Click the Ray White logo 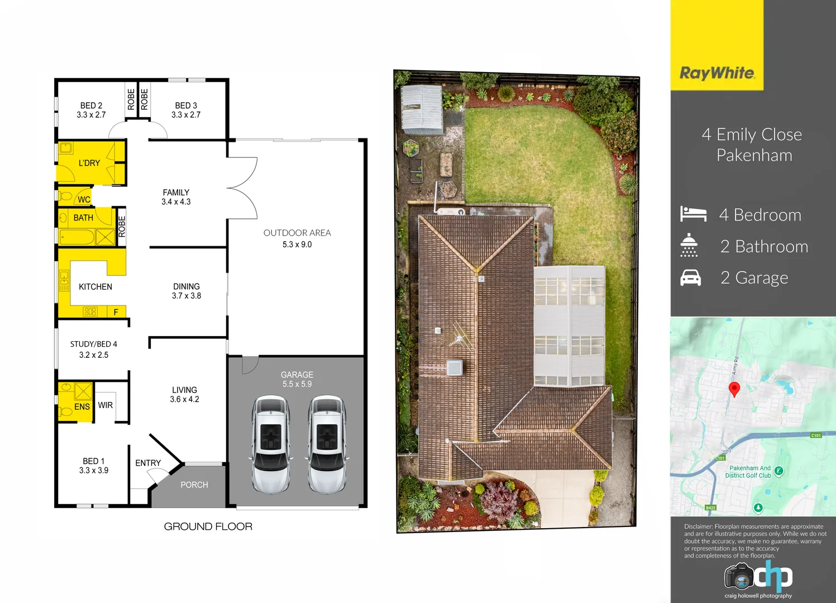tap(717, 73)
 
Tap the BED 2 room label tap(91, 106)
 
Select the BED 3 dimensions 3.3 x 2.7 tap(186, 115)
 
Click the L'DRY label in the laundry tap(89, 163)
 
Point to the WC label tap(84, 199)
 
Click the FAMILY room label tap(176, 193)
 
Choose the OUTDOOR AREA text tap(297, 233)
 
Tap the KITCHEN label tap(95, 286)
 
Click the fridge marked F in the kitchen tap(116, 312)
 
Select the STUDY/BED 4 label tap(94, 344)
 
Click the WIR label tap(106, 405)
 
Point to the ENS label tap(82, 406)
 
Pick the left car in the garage tap(271, 444)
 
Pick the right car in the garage tap(327, 444)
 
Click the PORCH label tap(194, 485)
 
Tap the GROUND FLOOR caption tap(208, 527)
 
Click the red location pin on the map tap(734, 389)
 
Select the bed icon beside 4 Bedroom tap(693, 214)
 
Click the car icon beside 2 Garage tap(691, 277)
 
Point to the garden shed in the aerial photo tap(422, 108)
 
